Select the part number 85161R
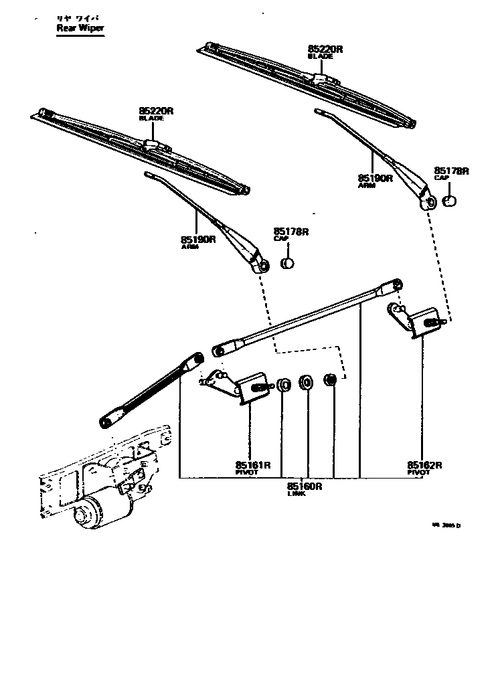(x=252, y=465)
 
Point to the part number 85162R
(x=425, y=465)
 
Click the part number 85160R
(x=305, y=487)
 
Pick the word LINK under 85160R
(x=297, y=494)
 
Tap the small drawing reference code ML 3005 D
(x=446, y=525)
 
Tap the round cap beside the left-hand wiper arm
(x=288, y=262)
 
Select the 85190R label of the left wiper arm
(x=197, y=239)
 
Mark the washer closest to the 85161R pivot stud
(x=283, y=385)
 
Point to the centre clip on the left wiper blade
(x=152, y=144)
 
